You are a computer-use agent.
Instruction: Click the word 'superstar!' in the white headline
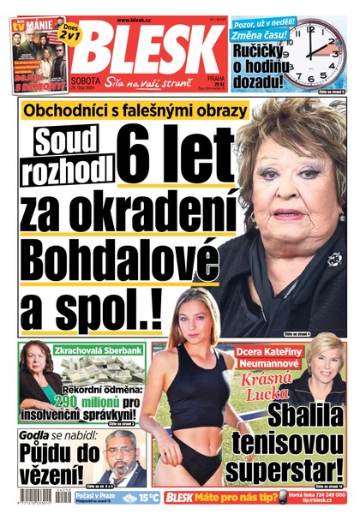(291, 472)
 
